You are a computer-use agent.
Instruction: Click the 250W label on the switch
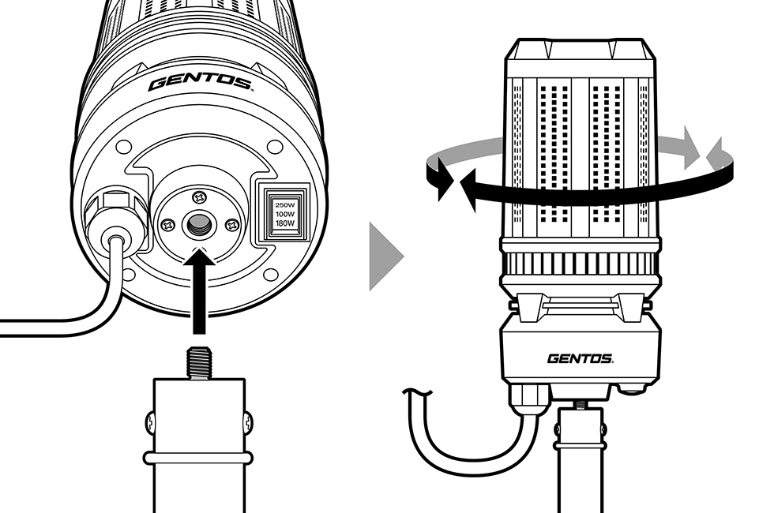[x=284, y=204]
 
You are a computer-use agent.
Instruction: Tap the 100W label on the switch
[x=284, y=214]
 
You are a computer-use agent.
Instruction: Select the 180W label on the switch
[x=284, y=223]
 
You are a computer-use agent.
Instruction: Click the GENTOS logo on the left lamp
[x=200, y=82]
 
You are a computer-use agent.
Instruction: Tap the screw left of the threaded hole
[x=167, y=227]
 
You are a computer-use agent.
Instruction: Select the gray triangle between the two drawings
[x=385, y=256]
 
